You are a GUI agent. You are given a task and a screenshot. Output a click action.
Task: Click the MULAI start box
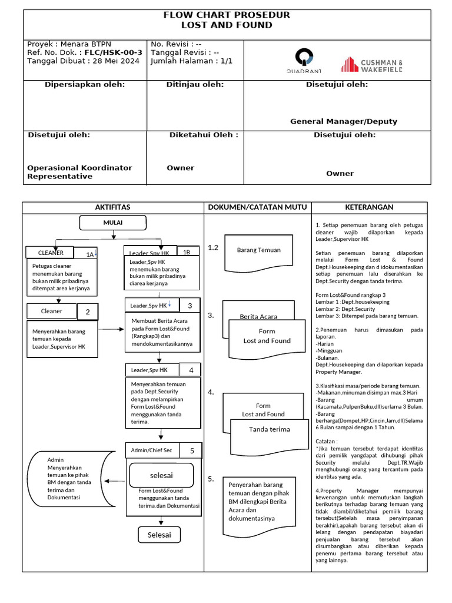pyautogui.click(x=112, y=223)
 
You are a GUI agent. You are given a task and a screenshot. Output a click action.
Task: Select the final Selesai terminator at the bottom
pyautogui.click(x=159, y=535)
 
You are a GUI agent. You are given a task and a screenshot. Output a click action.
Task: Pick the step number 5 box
pyautogui.click(x=192, y=450)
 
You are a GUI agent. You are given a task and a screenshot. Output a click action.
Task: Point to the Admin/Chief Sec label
pyautogui.click(x=151, y=450)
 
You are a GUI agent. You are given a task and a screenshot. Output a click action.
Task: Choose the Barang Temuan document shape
pyautogui.click(x=259, y=250)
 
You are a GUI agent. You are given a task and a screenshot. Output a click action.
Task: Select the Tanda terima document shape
pyautogui.click(x=270, y=429)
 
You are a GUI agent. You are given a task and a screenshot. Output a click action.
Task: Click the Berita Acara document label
pyautogui.click(x=258, y=317)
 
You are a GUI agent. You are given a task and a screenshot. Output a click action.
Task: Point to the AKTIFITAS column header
pyautogui.click(x=112, y=207)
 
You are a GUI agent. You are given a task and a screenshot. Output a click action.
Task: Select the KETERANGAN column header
pyautogui.click(x=369, y=207)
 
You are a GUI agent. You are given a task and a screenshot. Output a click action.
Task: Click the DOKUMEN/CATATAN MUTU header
pyautogui.click(x=257, y=207)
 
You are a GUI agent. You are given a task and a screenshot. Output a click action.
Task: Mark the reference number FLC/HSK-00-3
pyautogui.click(x=114, y=52)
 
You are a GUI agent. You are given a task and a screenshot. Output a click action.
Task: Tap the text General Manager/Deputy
pyautogui.click(x=343, y=121)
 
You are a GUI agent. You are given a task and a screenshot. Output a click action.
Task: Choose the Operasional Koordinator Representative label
pyautogui.click(x=79, y=172)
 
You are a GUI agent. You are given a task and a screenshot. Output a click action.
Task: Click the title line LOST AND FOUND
pyautogui.click(x=227, y=25)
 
